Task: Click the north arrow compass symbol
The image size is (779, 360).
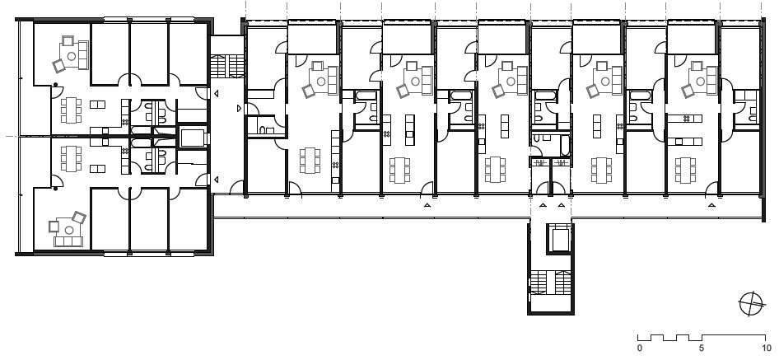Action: coord(751,304)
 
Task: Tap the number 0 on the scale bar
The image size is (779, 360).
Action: coord(639,348)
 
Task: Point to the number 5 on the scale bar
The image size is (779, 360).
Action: coord(701,348)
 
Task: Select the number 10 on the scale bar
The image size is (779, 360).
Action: coord(764,348)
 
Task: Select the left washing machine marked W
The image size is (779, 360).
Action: coord(539,162)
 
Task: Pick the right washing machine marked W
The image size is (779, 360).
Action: coord(562,162)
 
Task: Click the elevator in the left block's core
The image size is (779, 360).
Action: coord(192,137)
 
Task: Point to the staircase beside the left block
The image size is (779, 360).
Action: coord(227,66)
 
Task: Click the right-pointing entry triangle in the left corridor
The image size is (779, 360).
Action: coord(239,108)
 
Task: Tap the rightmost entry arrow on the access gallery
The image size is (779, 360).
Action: coord(712,204)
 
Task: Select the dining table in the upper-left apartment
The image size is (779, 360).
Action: coord(71,110)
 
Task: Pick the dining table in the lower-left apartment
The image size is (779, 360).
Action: coord(71,159)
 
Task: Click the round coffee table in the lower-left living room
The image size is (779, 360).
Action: coord(69,230)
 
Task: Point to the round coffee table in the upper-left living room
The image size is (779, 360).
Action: coord(72,56)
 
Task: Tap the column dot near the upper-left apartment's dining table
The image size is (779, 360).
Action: coord(56,85)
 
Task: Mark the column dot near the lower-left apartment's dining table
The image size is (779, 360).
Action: coord(56,189)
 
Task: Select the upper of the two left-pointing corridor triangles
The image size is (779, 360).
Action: coord(216,93)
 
